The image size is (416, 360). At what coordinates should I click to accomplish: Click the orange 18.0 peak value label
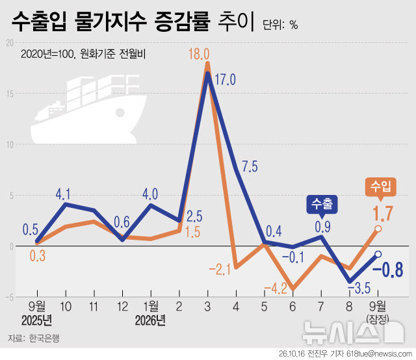[x=199, y=54]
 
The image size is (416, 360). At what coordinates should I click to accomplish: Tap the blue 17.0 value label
[x=225, y=79]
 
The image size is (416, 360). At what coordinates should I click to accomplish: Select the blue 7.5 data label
[x=250, y=166]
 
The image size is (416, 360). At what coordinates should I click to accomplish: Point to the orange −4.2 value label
[x=276, y=289]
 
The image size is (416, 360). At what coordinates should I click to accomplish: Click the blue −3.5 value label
[x=359, y=288]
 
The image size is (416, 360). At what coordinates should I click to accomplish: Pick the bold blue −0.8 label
[x=388, y=270]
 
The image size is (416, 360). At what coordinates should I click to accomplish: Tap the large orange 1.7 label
[x=383, y=214]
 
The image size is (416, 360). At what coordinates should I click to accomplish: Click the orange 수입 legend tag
[x=381, y=187]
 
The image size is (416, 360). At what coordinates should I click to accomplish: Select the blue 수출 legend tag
[x=322, y=205]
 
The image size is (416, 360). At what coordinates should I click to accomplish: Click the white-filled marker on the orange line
[x=378, y=229]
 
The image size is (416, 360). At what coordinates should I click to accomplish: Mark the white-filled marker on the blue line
[x=378, y=254]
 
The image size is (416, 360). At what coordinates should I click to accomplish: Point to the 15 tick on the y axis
[x=10, y=94]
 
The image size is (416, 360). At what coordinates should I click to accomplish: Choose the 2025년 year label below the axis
[x=36, y=321]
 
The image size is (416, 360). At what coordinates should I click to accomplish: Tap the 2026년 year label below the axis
[x=150, y=321]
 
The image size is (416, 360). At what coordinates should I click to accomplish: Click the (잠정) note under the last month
[x=378, y=319]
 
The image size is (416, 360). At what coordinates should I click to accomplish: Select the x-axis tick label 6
[x=292, y=307]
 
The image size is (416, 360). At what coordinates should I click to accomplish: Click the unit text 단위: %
[x=280, y=25]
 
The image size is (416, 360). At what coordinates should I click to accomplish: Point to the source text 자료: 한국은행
[x=34, y=339]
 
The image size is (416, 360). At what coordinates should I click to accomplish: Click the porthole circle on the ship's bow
[x=120, y=112]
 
